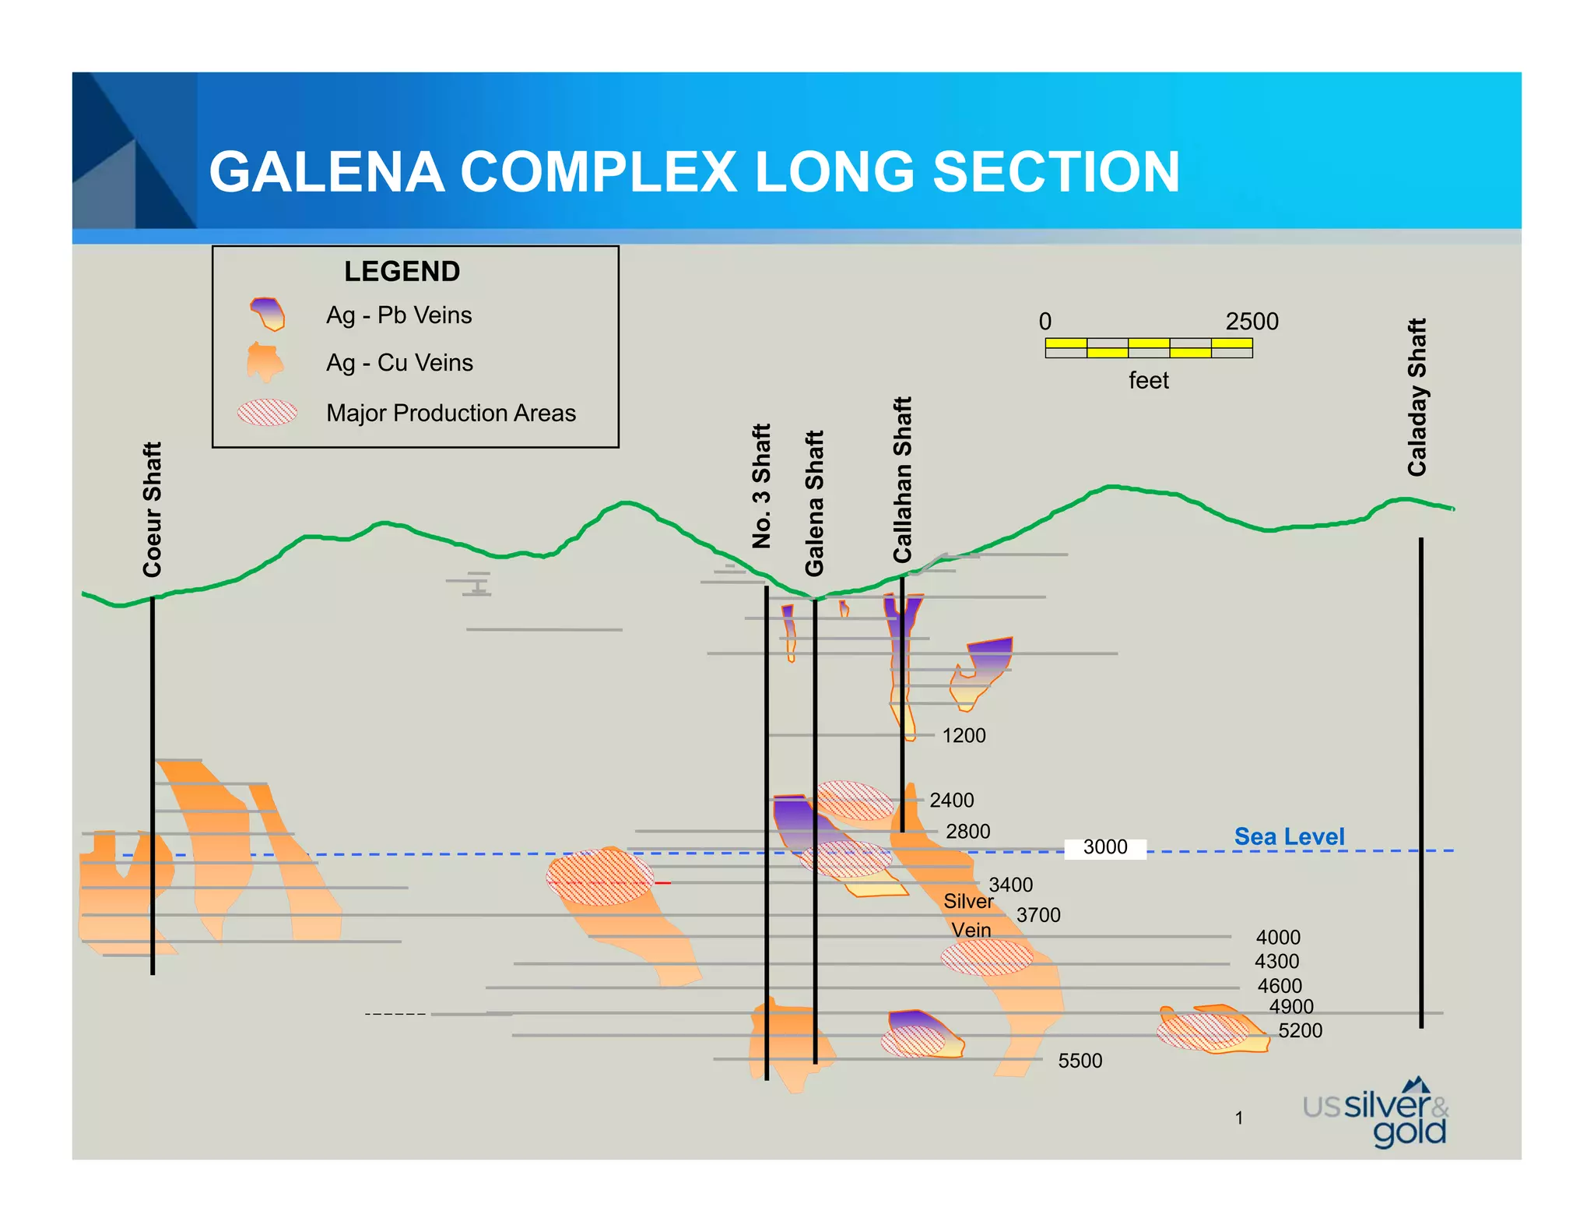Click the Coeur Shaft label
[x=152, y=509]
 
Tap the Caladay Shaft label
[x=1417, y=397]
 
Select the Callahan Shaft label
[x=902, y=479]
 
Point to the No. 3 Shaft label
[x=761, y=486]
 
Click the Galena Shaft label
[x=814, y=503]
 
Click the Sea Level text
[x=1289, y=836]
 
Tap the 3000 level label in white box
[x=1105, y=847]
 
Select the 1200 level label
[x=964, y=736]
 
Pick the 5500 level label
[x=1080, y=1061]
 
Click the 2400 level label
[x=951, y=801]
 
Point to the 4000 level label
[x=1278, y=938]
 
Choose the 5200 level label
[x=1300, y=1031]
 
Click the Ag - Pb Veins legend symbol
[x=267, y=314]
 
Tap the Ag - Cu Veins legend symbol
[x=265, y=362]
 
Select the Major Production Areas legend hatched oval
[x=267, y=412]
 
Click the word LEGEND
[x=402, y=272]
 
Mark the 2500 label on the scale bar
[x=1252, y=322]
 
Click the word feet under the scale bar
[x=1148, y=381]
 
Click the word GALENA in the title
[x=327, y=172]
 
